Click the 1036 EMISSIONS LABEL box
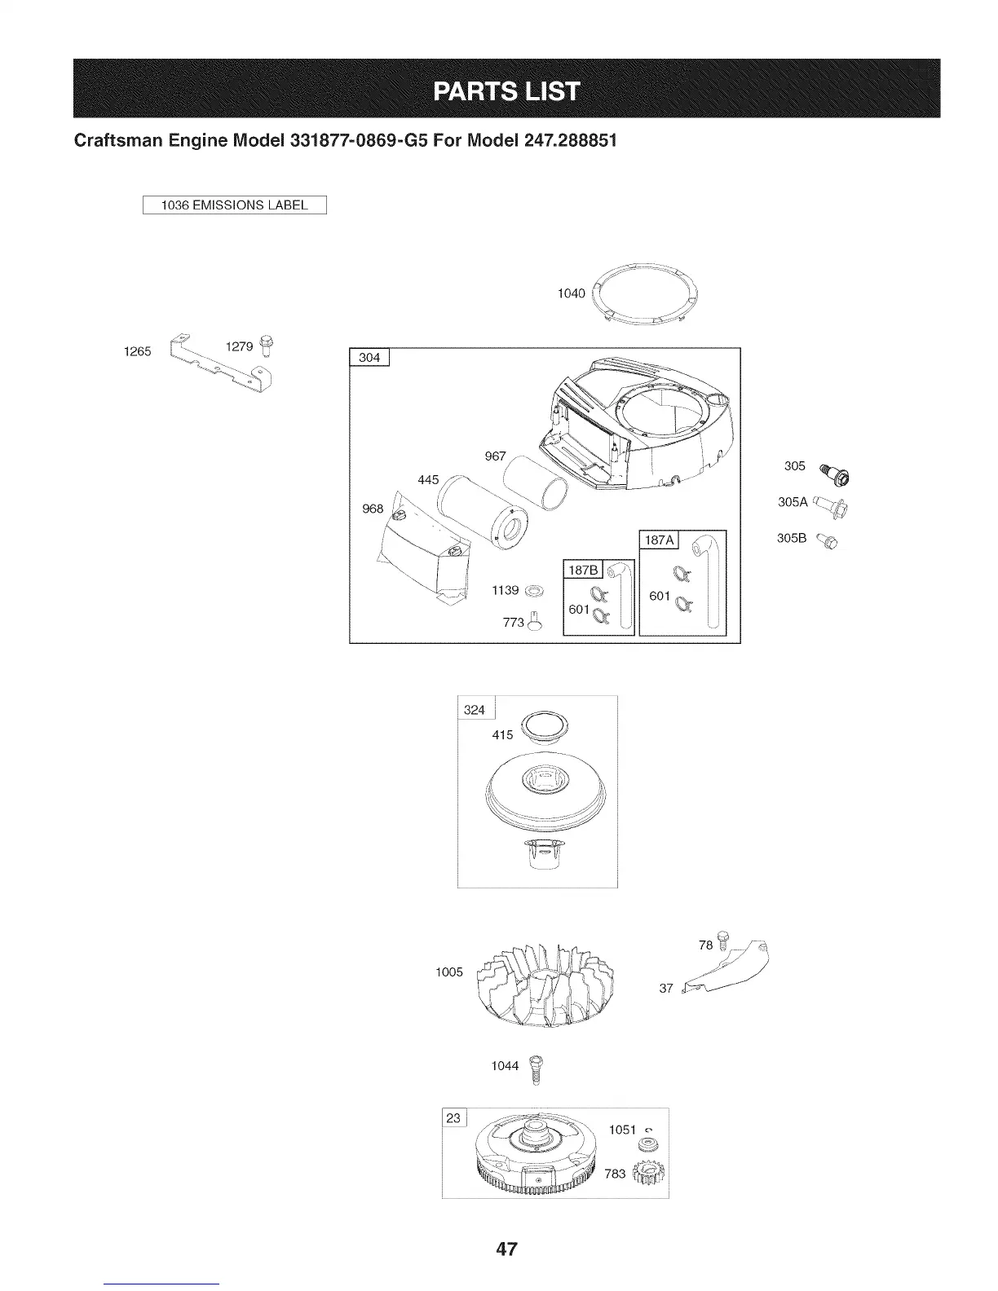[x=234, y=205]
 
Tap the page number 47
[x=506, y=1249]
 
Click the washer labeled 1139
[x=535, y=589]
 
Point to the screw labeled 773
[x=535, y=622]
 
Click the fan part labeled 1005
[x=547, y=982]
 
